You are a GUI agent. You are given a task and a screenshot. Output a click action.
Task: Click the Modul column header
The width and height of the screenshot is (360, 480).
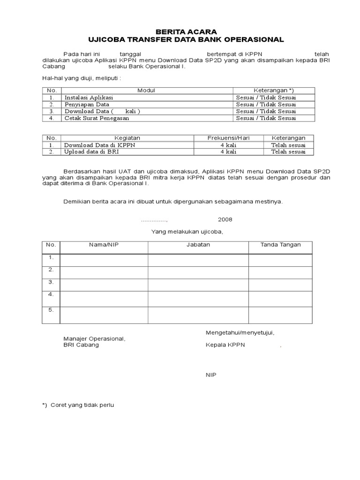tap(146, 90)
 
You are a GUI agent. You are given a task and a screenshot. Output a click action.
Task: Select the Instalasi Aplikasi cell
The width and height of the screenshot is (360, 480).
tap(89, 97)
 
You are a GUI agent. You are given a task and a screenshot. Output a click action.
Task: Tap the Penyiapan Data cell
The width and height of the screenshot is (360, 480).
tap(87, 105)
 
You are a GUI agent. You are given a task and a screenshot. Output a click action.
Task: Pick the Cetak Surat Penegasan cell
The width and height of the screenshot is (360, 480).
tap(97, 119)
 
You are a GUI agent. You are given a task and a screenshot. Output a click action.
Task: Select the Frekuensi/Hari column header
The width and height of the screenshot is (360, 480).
tap(228, 138)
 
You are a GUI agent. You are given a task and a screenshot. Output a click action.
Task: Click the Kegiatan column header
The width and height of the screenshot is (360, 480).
tap(127, 138)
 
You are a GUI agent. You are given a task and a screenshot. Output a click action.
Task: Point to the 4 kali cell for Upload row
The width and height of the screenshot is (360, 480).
tap(228, 152)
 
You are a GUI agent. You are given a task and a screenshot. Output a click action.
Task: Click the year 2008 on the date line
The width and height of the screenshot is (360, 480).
tap(225, 219)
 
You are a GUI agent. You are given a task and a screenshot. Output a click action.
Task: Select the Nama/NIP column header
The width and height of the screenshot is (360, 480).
tap(104, 245)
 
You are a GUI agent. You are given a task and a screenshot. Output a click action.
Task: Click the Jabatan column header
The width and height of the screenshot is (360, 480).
tap(198, 245)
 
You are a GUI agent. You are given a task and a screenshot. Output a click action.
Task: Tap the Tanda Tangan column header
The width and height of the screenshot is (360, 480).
tap(280, 245)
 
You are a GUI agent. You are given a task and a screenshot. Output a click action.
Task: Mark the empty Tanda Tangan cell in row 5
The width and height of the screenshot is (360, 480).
tap(280, 315)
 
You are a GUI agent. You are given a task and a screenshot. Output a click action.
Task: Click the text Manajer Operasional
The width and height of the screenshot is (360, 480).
tap(94, 338)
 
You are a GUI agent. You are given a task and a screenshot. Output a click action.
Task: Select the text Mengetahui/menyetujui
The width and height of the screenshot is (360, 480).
tap(240, 332)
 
